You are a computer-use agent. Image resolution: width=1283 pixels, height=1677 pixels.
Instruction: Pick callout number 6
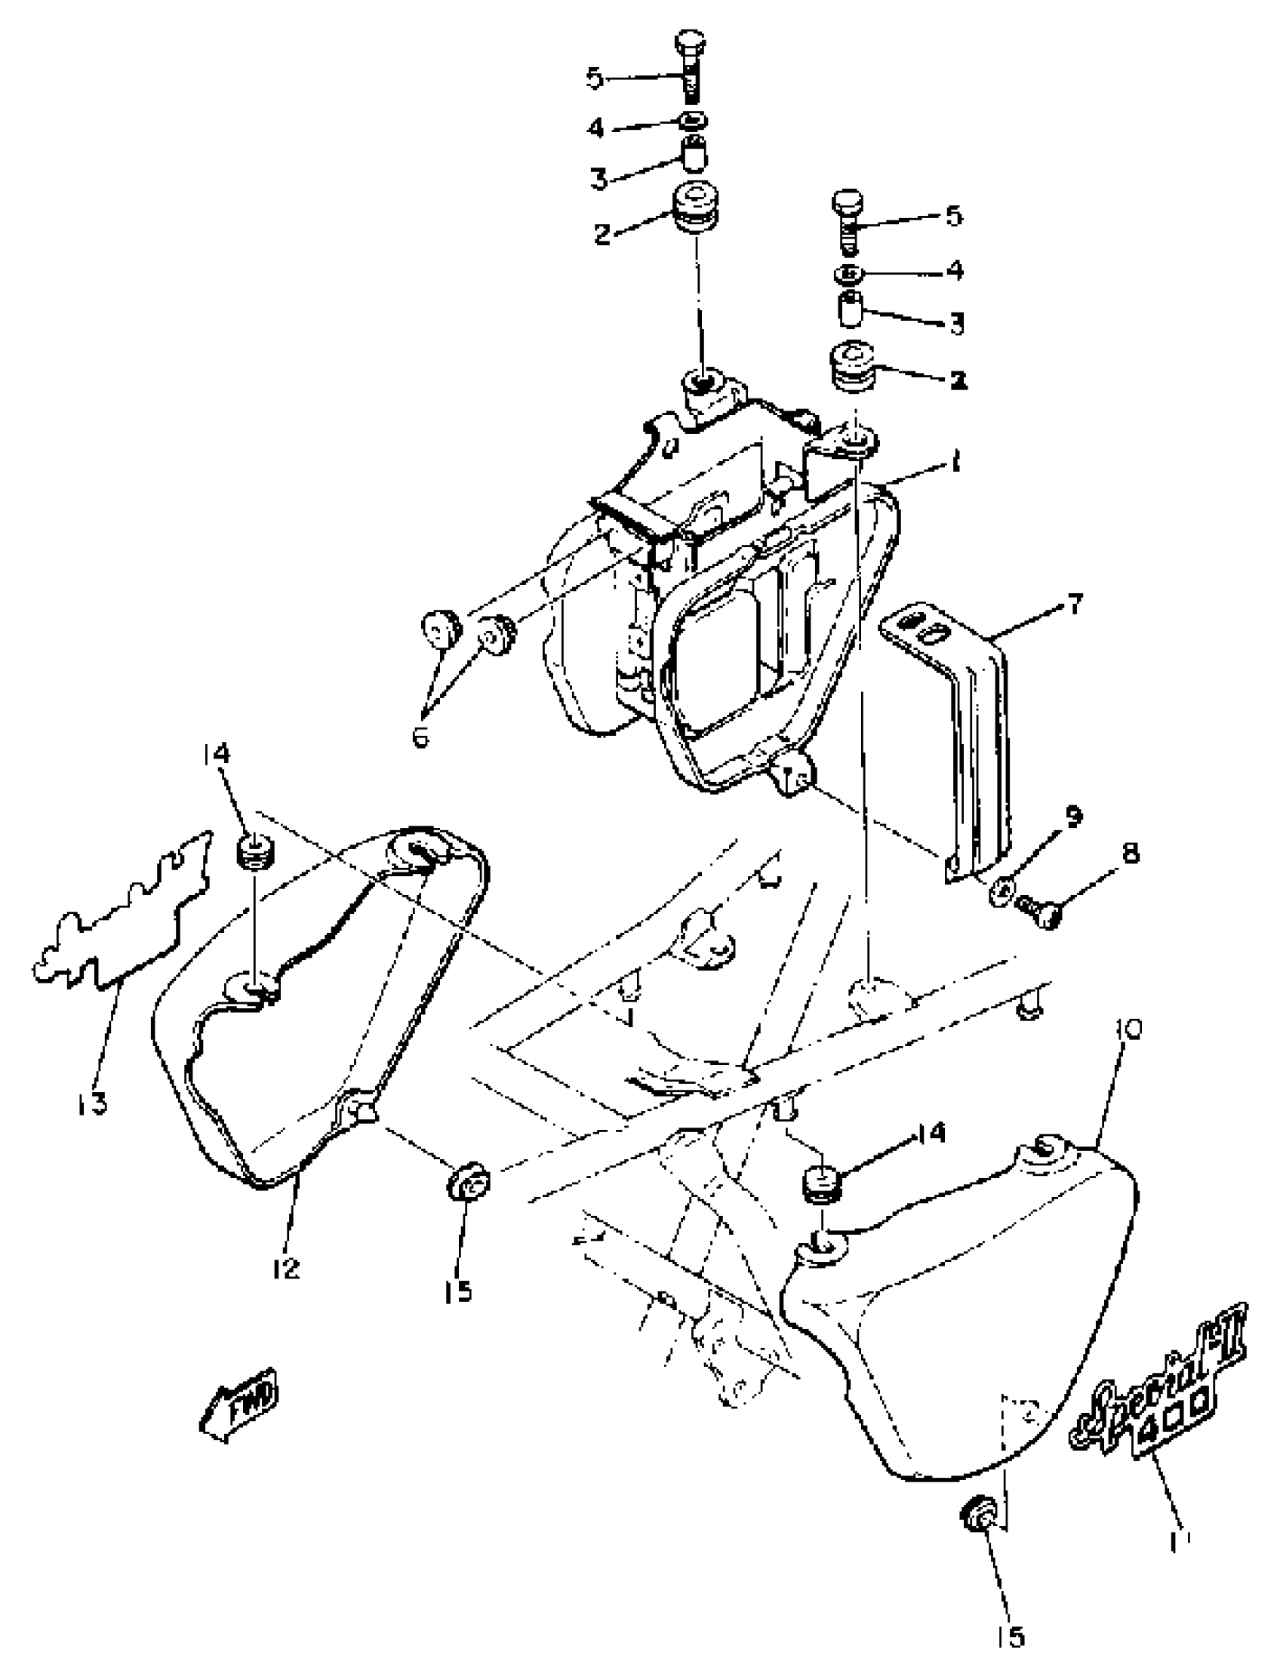click(421, 737)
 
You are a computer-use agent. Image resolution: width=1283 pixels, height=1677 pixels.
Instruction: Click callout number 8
click(1130, 852)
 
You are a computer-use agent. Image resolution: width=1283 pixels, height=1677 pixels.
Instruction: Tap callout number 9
click(1073, 817)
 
